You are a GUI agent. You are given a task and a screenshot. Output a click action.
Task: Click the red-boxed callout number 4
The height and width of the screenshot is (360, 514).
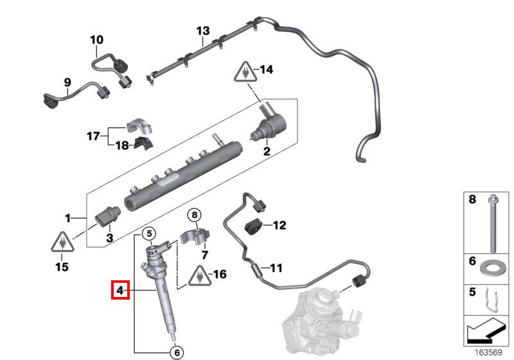pos(120,290)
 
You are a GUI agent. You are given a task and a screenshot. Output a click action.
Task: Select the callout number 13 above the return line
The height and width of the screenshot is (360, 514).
pos(203,31)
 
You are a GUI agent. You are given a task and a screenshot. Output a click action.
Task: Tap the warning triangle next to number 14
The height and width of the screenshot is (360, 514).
pos(245,72)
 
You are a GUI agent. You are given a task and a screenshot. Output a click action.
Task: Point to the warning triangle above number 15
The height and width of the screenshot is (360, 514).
pos(62,242)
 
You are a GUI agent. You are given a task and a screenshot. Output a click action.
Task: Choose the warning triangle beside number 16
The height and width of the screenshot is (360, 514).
pos(199,276)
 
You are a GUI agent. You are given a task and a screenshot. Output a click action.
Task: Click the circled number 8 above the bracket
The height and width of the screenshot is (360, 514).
pos(195,215)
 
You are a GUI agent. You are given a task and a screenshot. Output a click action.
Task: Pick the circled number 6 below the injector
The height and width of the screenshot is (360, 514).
pos(177,352)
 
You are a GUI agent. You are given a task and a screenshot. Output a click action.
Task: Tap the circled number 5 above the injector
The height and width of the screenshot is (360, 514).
pos(149,233)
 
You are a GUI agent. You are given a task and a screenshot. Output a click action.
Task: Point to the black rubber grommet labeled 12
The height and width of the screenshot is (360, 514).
pos(253,226)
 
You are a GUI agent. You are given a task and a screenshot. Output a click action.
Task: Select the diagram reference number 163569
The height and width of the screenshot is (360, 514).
pos(488,352)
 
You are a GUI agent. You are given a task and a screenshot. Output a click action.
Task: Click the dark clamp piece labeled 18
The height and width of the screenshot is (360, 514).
pos(143,143)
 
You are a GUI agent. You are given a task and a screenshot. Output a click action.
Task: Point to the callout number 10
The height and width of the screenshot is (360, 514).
pos(97,40)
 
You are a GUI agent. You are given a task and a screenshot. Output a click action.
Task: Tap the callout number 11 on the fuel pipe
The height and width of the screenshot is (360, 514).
pos(276,268)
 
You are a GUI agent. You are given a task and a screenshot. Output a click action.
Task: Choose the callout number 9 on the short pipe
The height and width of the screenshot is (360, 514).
pos(67,82)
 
